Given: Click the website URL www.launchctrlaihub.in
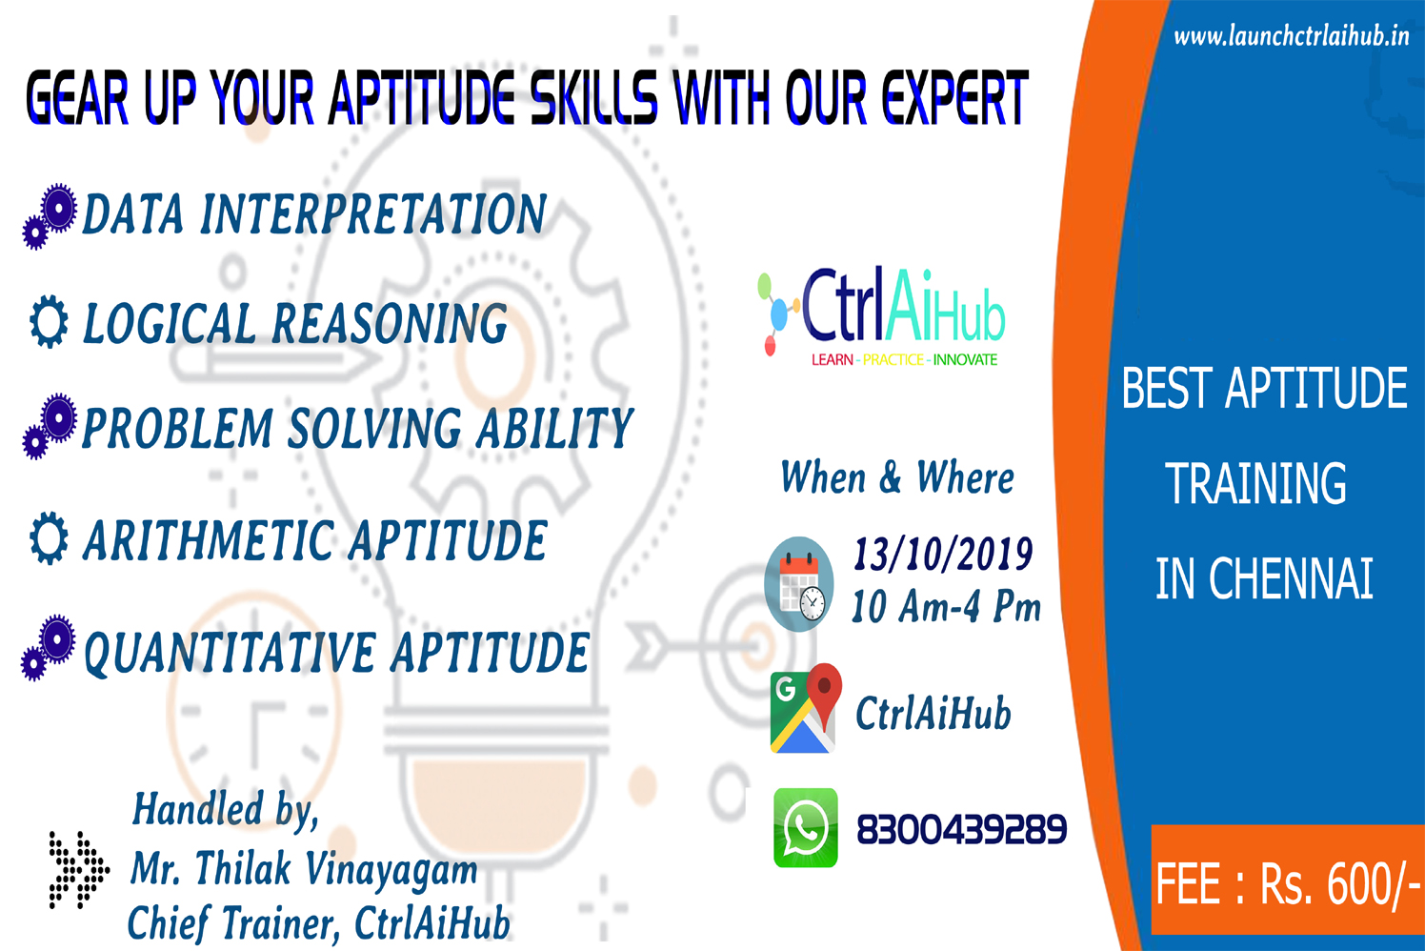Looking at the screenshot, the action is [1292, 36].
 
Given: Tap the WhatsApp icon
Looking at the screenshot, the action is [806, 827].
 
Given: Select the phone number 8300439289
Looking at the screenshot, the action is [961, 829].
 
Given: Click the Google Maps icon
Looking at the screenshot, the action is [806, 708].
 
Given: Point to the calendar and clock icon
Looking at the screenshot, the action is [799, 584].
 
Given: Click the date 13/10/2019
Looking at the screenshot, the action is [943, 554].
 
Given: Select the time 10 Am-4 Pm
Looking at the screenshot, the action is [947, 606].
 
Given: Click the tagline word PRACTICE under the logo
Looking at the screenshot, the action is [893, 359].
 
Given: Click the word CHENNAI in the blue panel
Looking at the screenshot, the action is [1291, 578].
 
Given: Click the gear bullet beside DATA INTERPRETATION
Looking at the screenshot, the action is [50, 216].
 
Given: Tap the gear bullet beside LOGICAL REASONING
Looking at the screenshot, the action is [49, 321].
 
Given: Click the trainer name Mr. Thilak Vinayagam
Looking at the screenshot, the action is [304, 868].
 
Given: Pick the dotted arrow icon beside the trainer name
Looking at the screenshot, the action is [79, 869].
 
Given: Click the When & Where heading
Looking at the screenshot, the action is [897, 476].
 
